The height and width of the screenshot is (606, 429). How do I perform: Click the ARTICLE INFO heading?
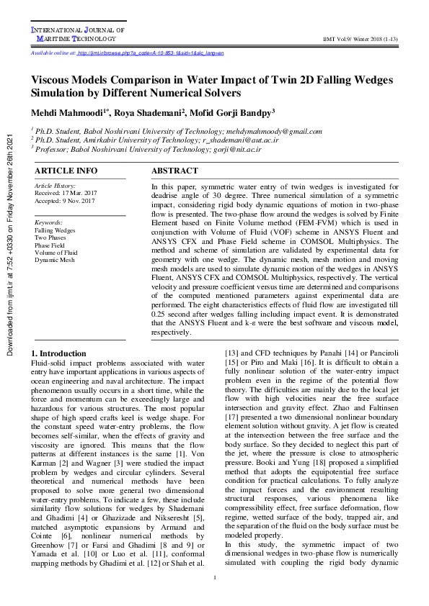pos(66,171)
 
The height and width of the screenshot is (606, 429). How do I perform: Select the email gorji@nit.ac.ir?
pos(239,148)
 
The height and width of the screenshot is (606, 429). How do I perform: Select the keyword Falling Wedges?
pos(55,230)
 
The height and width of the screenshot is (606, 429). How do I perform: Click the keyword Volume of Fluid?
pos(56,252)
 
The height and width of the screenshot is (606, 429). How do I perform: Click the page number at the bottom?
pos(214,578)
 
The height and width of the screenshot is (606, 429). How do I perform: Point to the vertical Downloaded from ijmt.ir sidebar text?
pos(9,245)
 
